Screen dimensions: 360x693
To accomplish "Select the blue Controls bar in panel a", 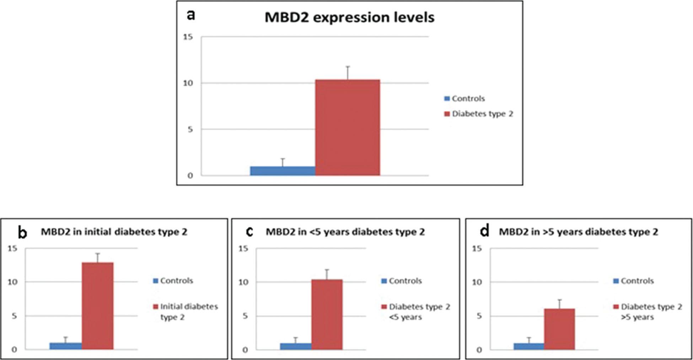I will (x=283, y=171).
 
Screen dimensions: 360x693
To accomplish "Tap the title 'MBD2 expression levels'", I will (x=349, y=17).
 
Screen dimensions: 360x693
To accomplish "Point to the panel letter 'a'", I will (x=191, y=15).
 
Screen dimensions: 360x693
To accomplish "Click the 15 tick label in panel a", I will (x=188, y=37).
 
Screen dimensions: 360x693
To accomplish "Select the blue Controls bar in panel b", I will (x=66, y=346).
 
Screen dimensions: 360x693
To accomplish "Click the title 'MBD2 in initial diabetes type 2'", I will (x=114, y=232).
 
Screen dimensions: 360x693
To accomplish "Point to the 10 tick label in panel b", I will (x=12, y=282).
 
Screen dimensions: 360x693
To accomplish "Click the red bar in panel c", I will (x=327, y=315).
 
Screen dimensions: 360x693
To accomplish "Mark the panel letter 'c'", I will (x=249, y=232).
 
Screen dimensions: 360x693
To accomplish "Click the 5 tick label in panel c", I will (x=245, y=316).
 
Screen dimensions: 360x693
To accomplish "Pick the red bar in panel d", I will (x=559, y=329).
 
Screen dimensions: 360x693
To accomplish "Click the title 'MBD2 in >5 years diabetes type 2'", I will (x=578, y=232).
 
